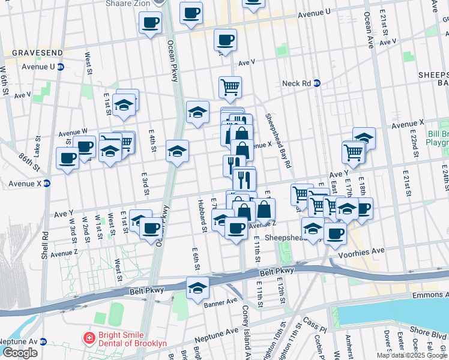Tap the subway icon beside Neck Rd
pyautogui.click(x=318, y=83)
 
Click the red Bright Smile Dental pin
pyautogui.click(x=89, y=337)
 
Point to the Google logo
pyautogui.click(x=19, y=352)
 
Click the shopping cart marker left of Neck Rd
pyautogui.click(x=230, y=88)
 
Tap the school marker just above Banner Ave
pyautogui.click(x=197, y=287)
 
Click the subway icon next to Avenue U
pyautogui.click(x=61, y=67)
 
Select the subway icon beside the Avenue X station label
pyautogui.click(x=47, y=184)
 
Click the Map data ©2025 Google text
pyautogui.click(x=412, y=355)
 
